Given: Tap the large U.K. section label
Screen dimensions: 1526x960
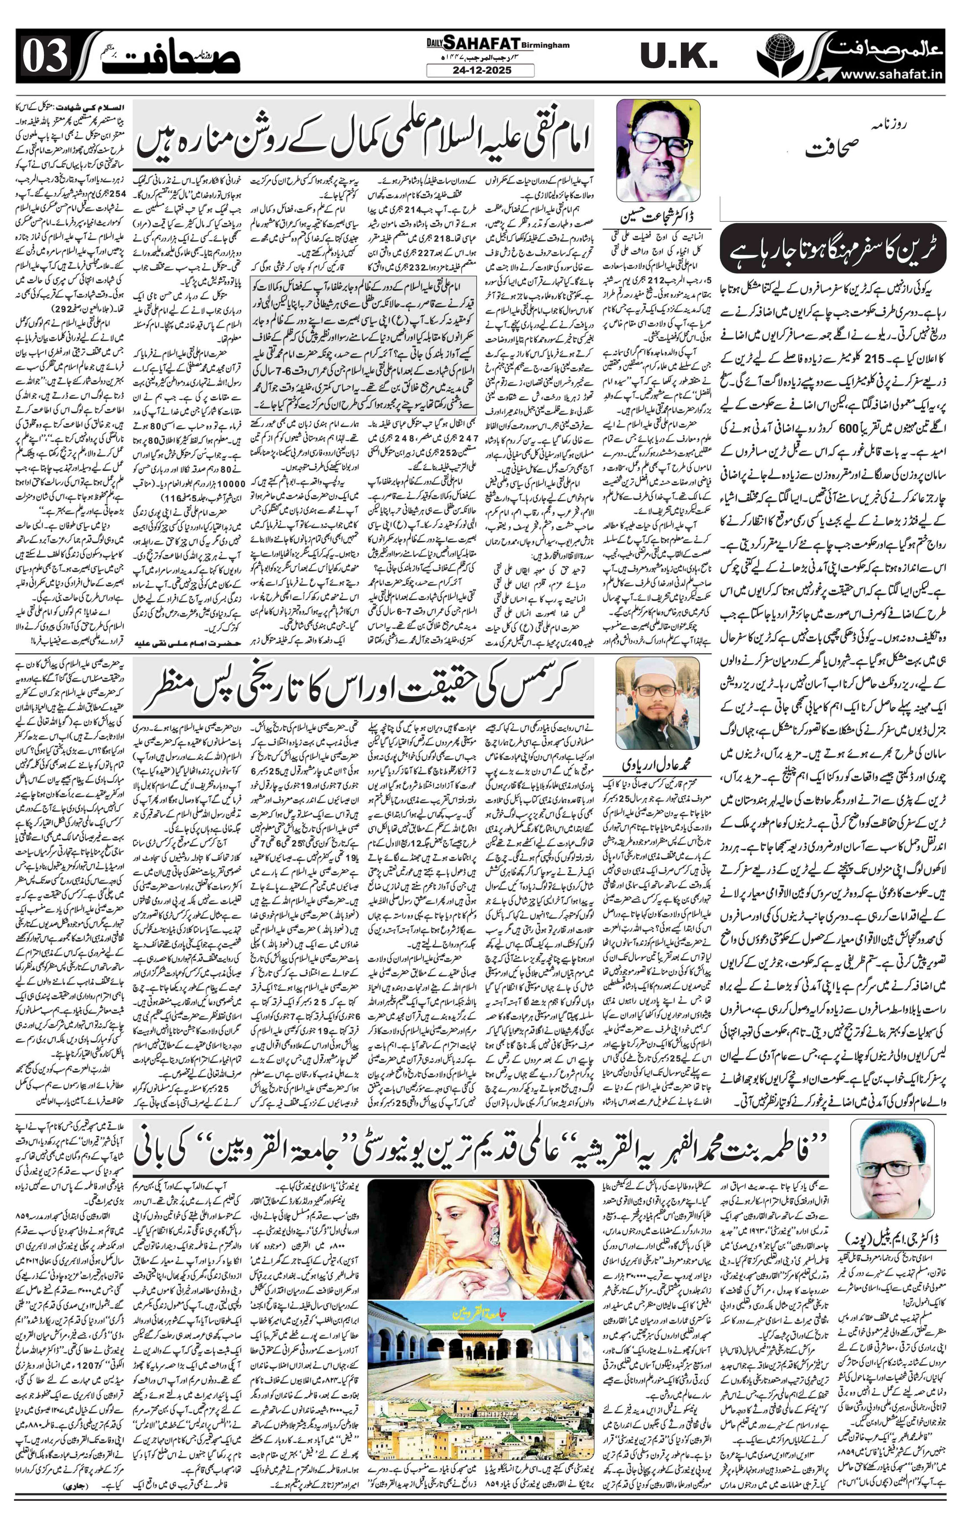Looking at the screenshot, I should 678,57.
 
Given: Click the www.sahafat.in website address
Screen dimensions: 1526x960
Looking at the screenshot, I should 893,75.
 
